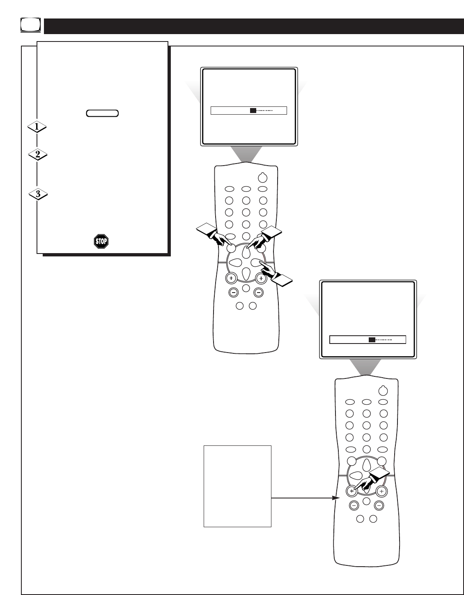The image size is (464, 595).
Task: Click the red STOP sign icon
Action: point(101,241)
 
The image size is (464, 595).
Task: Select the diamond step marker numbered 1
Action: point(37,127)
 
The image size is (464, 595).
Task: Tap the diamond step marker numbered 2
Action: point(37,155)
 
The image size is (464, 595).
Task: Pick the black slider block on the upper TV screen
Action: point(253,111)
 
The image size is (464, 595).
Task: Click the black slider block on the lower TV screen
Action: point(371,340)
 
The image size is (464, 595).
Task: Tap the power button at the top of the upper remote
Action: point(262,178)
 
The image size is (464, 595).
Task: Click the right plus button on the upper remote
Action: point(261,279)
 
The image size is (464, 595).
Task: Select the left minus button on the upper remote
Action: point(233,293)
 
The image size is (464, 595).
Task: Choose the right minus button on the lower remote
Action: point(379,505)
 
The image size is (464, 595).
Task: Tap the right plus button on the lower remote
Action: point(381,491)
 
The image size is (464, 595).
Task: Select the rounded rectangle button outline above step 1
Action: point(102,113)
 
